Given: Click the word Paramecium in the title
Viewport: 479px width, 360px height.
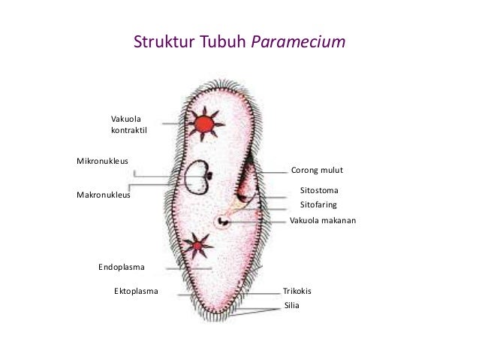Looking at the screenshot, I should pyautogui.click(x=298, y=42).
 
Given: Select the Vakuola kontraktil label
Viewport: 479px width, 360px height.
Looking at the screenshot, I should pyautogui.click(x=128, y=124).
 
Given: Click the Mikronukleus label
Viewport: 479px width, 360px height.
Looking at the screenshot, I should pyautogui.click(x=102, y=161).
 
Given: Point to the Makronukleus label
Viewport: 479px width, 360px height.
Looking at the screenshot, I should pyautogui.click(x=104, y=195).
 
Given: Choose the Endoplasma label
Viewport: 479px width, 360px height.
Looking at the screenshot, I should pyautogui.click(x=122, y=267).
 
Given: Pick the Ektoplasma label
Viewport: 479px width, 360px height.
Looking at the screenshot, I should pyautogui.click(x=136, y=291).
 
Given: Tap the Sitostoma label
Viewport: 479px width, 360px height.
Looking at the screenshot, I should pyautogui.click(x=319, y=191).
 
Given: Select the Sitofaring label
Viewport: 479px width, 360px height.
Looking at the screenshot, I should pyautogui.click(x=318, y=204).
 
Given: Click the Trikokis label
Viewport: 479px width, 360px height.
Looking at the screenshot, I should pyautogui.click(x=297, y=291).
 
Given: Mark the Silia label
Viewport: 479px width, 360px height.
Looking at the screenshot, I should pyautogui.click(x=292, y=305).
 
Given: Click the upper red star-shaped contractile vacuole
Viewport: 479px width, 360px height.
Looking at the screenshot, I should pyautogui.click(x=203, y=123).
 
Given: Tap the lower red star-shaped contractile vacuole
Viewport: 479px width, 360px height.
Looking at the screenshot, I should pyautogui.click(x=197, y=245).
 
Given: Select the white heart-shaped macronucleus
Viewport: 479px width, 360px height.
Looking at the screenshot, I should pyautogui.click(x=197, y=178).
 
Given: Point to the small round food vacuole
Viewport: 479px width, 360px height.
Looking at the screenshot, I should pyautogui.click(x=223, y=221).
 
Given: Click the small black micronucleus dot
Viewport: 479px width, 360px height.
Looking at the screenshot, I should pyautogui.click(x=211, y=177).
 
